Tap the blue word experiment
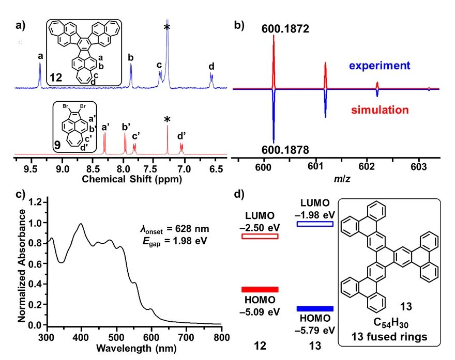click(x=379, y=66)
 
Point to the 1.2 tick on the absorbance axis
click(x=35, y=202)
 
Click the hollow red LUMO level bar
click(x=260, y=237)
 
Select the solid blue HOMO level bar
click(x=315, y=308)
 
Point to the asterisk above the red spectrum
click(x=167, y=120)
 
